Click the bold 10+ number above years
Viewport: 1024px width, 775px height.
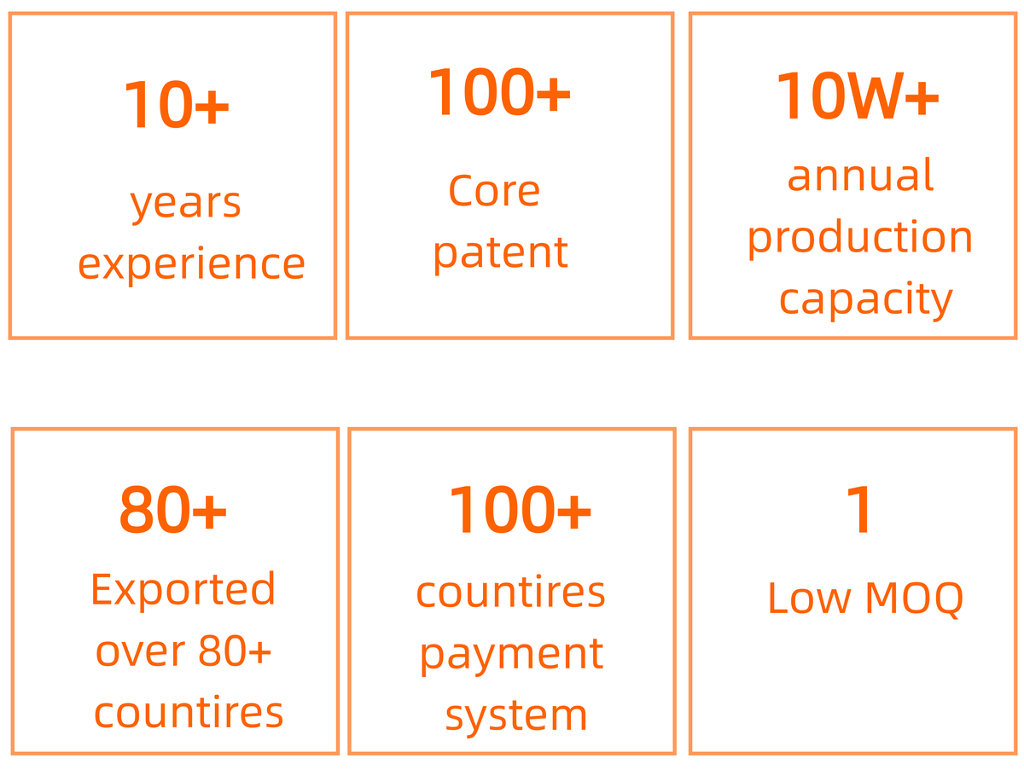(176, 103)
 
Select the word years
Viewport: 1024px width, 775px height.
(185, 205)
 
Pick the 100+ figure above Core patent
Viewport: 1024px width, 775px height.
(499, 91)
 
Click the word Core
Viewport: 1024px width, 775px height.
(494, 191)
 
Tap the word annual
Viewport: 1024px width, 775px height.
(860, 175)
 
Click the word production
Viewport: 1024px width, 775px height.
(859, 239)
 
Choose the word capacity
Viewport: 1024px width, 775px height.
(865, 301)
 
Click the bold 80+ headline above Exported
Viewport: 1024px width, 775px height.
(173, 509)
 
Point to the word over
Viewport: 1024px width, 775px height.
(140, 652)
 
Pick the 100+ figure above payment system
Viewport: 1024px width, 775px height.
(519, 509)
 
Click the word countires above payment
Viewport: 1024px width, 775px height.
(510, 593)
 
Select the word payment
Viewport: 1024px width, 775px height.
(511, 656)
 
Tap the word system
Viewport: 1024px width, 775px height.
(516, 717)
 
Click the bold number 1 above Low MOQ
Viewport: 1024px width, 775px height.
(858, 509)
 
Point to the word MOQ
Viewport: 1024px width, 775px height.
(914, 599)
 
